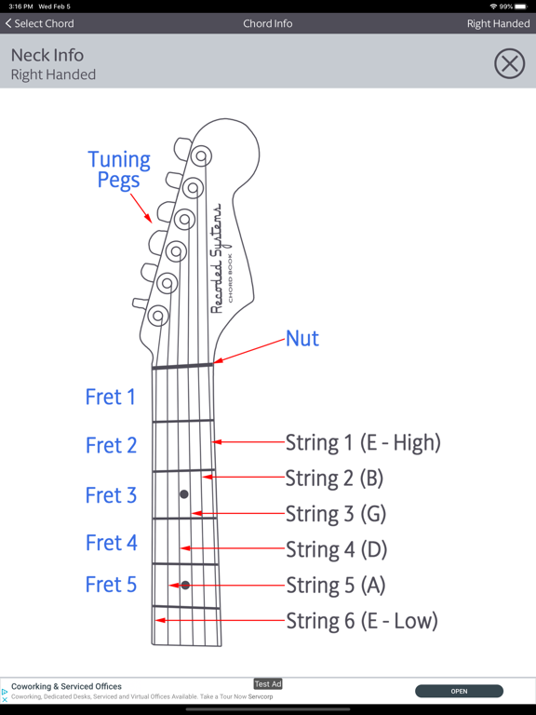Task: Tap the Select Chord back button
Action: click(40, 23)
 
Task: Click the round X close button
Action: click(510, 63)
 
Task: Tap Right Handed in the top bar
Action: click(498, 23)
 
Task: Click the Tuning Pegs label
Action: click(119, 169)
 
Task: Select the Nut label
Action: click(302, 338)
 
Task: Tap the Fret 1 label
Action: click(111, 397)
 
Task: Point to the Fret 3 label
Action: click(112, 495)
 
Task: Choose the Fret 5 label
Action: click(112, 585)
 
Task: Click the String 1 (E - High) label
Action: click(363, 442)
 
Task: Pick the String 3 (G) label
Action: click(336, 514)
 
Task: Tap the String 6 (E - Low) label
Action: click(362, 621)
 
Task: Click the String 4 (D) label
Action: click(336, 549)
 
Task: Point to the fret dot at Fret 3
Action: click(184, 494)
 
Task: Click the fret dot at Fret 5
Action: click(185, 585)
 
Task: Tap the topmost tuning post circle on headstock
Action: click(201, 156)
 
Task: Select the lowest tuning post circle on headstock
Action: click(158, 315)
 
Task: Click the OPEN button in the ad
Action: click(459, 692)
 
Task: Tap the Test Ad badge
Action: click(268, 684)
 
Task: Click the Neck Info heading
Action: click(47, 55)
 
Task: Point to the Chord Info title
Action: click(268, 23)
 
